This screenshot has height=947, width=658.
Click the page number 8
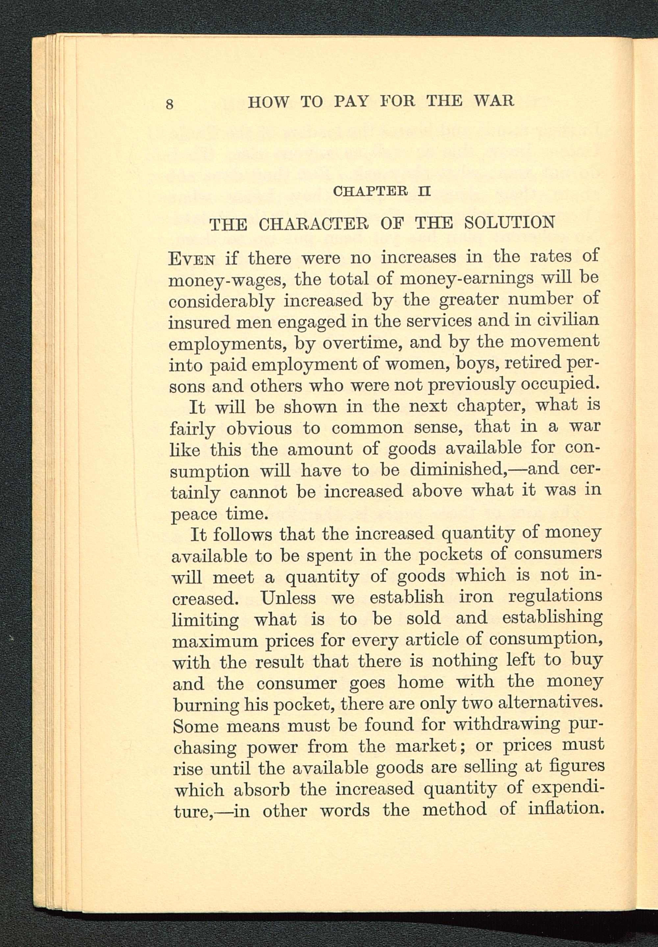(x=169, y=104)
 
